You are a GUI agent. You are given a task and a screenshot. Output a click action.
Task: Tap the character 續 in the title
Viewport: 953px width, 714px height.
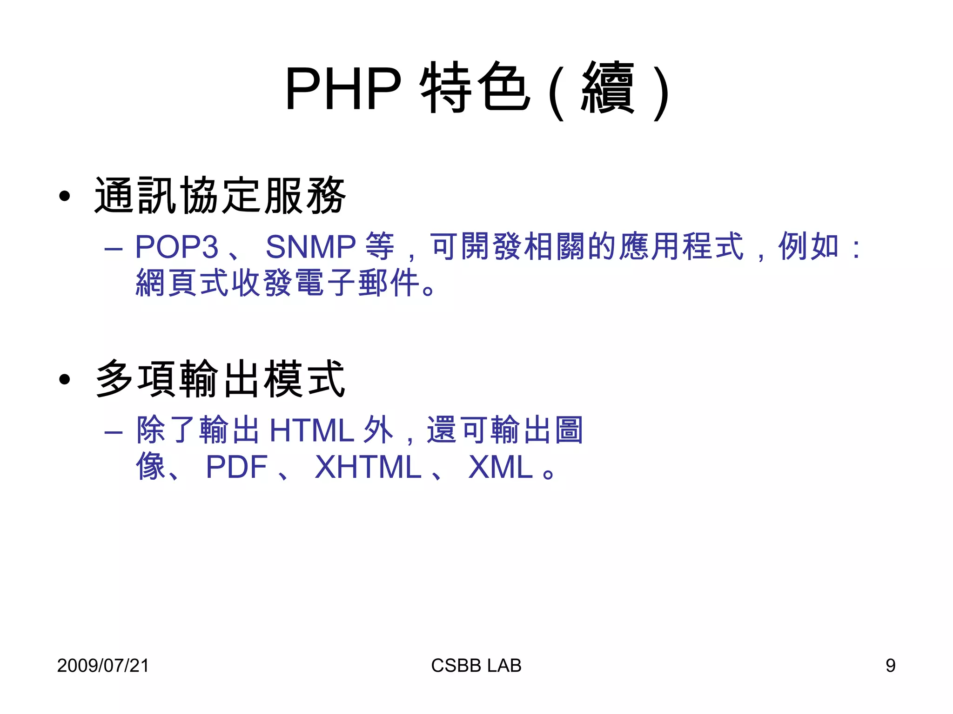pos(608,88)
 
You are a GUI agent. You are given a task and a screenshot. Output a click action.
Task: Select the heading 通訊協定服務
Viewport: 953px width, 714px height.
pos(220,196)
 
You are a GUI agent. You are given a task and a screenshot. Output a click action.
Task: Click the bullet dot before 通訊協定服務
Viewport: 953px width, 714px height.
pos(65,196)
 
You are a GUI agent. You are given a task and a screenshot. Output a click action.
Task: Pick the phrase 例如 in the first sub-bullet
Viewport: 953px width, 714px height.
pos(809,246)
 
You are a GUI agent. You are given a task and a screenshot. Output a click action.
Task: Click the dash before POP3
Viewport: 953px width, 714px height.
pos(114,249)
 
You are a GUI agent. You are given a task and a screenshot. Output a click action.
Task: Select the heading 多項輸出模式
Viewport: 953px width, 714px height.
pos(220,379)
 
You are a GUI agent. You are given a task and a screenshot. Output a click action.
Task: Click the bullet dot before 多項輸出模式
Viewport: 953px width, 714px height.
pos(65,379)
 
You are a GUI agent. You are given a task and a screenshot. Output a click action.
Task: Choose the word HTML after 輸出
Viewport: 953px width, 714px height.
pos(312,430)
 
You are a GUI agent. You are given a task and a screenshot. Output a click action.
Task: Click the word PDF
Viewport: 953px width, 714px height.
pos(236,467)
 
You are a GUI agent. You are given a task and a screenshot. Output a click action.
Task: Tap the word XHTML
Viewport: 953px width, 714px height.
pos(368,467)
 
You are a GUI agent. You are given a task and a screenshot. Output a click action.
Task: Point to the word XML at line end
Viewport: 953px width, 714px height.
pos(500,467)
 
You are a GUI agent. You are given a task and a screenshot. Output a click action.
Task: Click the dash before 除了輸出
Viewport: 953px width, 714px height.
pos(114,433)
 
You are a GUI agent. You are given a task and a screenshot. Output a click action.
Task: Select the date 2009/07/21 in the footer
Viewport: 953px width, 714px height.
pos(103,665)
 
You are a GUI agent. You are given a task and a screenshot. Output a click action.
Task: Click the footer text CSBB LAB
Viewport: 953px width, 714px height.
pos(476,665)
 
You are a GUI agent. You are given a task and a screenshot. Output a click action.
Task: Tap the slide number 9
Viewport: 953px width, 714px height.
pos(890,665)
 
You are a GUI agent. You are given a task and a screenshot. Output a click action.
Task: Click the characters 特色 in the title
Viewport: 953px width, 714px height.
pos(475,88)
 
